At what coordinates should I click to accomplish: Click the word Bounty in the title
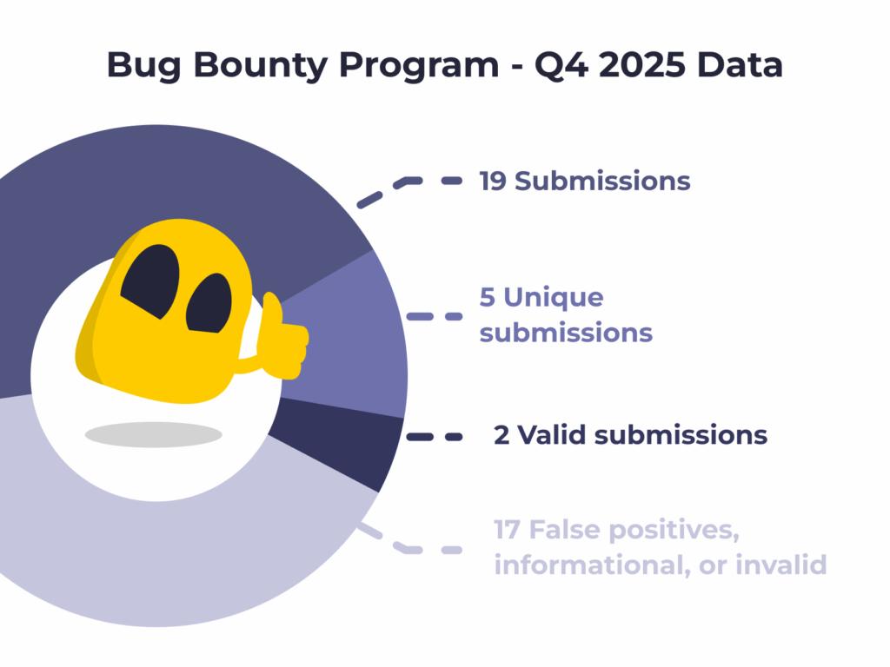point(261,66)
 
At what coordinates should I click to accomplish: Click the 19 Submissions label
point(585,182)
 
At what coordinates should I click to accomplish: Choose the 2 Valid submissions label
point(630,435)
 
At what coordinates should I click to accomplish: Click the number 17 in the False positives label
point(507,530)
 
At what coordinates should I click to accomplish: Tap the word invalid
point(781,565)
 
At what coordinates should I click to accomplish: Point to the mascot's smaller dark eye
point(210,303)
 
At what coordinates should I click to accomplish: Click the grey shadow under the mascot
point(153,435)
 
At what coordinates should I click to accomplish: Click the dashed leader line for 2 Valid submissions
point(435,437)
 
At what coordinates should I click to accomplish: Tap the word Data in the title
point(740,65)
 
